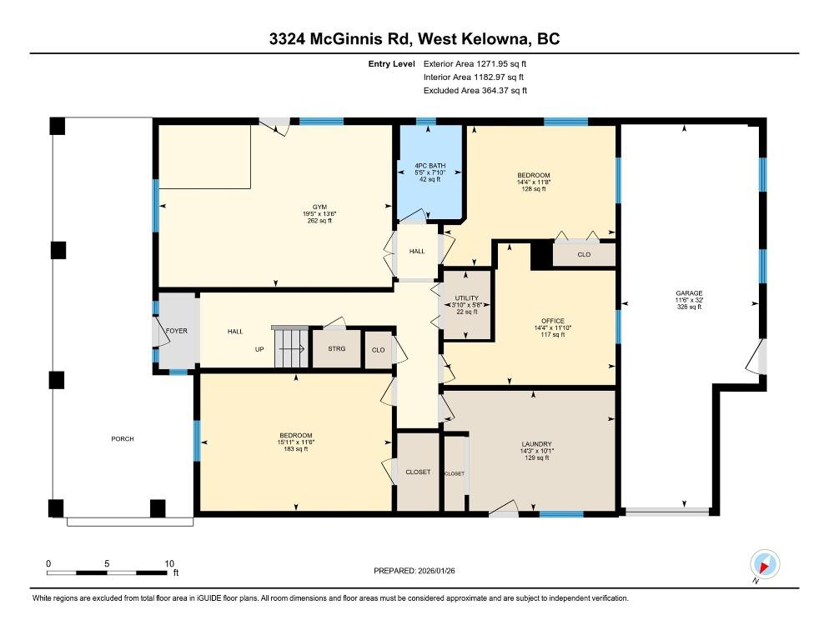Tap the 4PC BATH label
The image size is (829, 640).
430,167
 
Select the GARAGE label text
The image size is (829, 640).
689,292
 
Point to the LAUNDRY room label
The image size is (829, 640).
536,444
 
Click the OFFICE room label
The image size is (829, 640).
552,321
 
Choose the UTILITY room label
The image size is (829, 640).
466,298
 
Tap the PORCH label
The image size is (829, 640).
123,439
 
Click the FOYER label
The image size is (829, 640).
177,331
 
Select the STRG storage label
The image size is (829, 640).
336,349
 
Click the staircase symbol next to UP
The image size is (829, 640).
290,345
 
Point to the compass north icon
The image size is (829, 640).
765,564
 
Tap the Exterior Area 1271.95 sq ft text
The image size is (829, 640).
475,62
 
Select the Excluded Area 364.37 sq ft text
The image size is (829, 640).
475,90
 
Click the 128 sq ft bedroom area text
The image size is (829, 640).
533,189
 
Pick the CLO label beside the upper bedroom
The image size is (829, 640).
584,254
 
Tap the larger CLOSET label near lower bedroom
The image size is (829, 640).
418,472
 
